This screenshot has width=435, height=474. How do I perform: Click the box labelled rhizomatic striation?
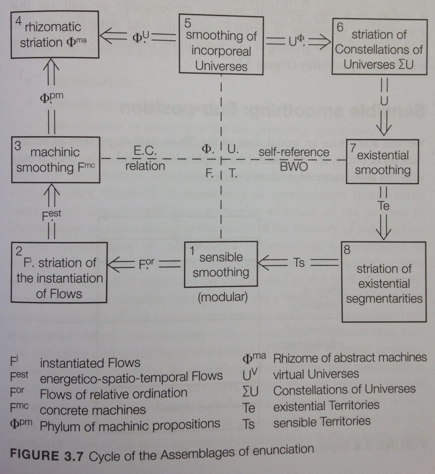click(x=55, y=34)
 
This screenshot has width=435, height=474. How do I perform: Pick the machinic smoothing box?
click(x=55, y=160)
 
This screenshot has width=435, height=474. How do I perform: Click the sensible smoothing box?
click(x=221, y=264)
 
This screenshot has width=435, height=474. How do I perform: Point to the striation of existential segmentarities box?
click(x=384, y=282)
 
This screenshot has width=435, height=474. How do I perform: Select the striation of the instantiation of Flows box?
click(x=59, y=273)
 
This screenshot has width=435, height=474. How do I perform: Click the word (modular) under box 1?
click(x=223, y=297)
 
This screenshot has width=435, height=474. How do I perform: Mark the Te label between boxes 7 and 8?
click(x=383, y=206)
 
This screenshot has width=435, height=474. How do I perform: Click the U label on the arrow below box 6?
click(x=384, y=101)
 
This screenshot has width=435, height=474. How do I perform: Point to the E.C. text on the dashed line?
click(x=145, y=151)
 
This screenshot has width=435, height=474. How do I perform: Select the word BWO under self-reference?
click(x=293, y=167)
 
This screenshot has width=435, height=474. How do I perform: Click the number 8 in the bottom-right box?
click(x=347, y=250)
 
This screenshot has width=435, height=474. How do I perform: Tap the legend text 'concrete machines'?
click(x=93, y=410)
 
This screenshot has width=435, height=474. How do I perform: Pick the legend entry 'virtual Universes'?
click(x=316, y=374)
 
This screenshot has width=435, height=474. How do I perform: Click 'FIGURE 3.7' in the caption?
click(x=46, y=455)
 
